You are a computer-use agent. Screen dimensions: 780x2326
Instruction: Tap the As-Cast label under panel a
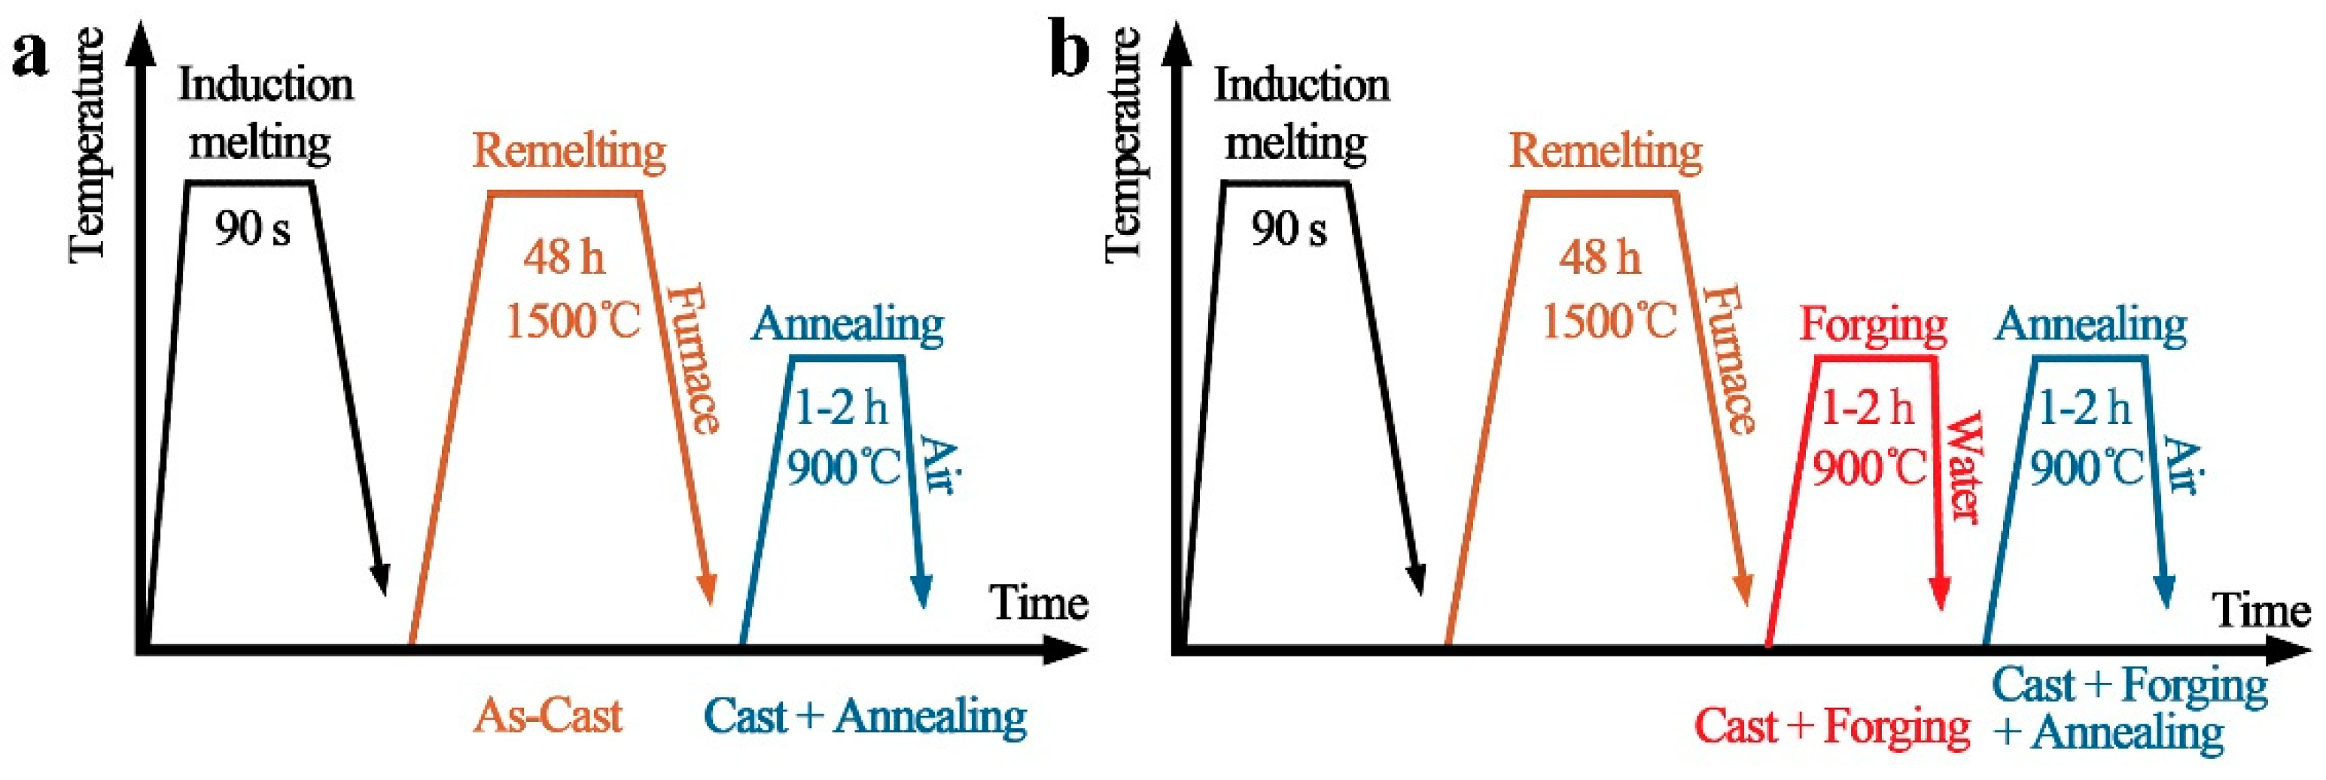pos(548,717)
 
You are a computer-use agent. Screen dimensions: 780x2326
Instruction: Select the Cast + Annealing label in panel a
pos(864,717)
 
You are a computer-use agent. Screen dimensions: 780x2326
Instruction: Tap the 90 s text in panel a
pos(252,230)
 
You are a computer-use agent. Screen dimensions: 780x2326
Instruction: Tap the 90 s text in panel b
pos(1289,230)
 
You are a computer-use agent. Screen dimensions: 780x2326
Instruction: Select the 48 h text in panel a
pos(564,258)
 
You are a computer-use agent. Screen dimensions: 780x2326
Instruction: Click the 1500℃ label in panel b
pos(1609,321)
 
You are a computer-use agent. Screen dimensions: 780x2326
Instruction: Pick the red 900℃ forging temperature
pos(1869,468)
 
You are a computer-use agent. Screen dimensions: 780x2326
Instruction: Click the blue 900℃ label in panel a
pos(843,468)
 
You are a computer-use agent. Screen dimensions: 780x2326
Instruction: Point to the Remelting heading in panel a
pos(569,151)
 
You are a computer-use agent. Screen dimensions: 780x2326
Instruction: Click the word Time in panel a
pos(1038,603)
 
